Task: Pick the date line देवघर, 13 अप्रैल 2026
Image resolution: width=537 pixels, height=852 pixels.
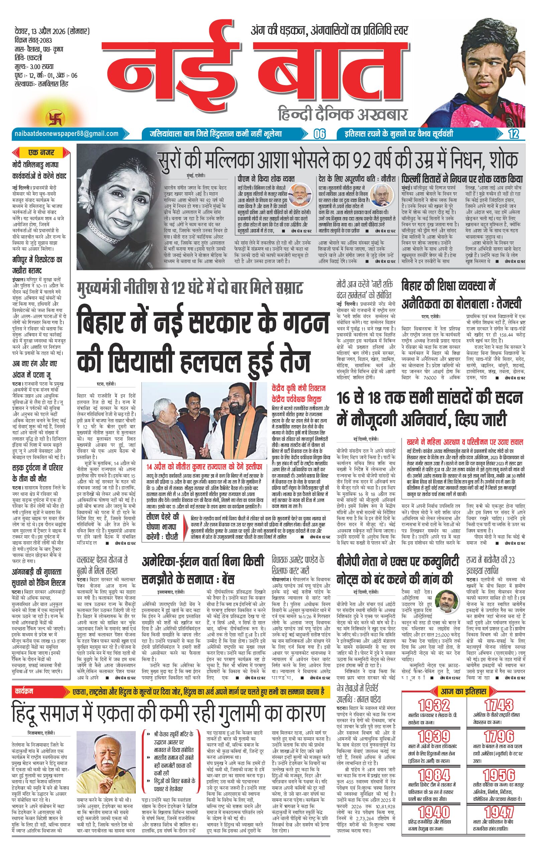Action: pos(49,31)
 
